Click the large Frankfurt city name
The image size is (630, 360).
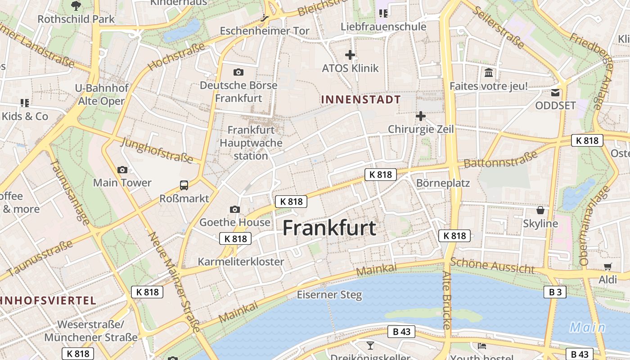[x=329, y=228]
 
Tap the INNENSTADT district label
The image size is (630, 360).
[x=361, y=99]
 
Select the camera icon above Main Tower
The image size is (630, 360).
[x=122, y=170]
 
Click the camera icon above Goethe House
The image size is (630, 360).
[x=234, y=209]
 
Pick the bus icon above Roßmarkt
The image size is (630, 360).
[x=184, y=185]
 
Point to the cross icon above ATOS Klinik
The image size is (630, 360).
[x=350, y=55]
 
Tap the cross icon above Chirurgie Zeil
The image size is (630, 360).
[x=420, y=116]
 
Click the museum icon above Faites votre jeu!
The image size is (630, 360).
[x=488, y=72]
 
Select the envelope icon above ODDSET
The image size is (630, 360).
[x=555, y=93]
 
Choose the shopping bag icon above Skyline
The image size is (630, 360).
[x=540, y=210]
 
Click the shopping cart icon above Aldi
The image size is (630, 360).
[x=607, y=266]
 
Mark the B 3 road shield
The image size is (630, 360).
[x=555, y=292]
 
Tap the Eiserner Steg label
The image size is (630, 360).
[x=329, y=295]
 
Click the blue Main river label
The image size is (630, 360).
[x=587, y=327]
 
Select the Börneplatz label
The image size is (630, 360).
[x=443, y=183]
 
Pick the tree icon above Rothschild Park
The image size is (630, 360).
[x=76, y=5]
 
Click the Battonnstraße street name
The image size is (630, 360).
[x=500, y=159]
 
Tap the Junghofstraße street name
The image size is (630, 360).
[x=157, y=150]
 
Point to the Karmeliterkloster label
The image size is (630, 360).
[x=241, y=261]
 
